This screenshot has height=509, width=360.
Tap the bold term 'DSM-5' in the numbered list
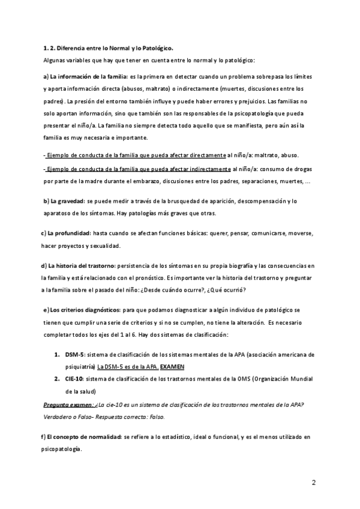[x=76, y=355]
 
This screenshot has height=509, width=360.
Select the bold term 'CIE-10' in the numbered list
[x=76, y=379]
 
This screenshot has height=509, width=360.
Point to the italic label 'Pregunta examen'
[x=68, y=405]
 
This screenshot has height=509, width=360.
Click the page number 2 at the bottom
[x=314, y=483]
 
